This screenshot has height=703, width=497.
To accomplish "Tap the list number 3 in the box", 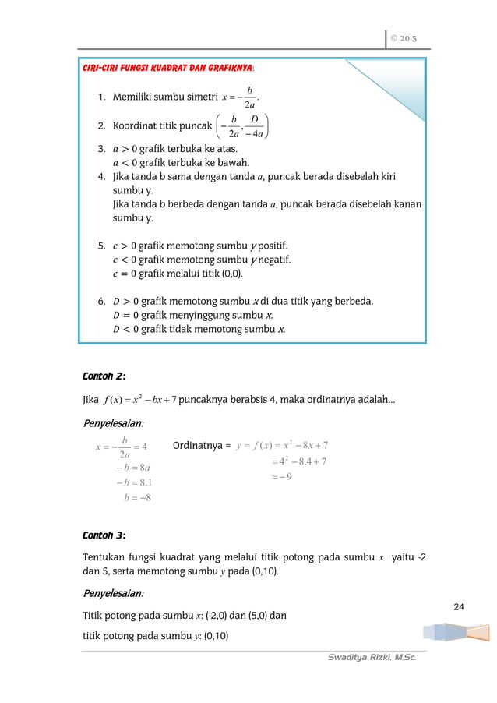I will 101,148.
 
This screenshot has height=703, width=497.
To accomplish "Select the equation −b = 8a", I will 128,467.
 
